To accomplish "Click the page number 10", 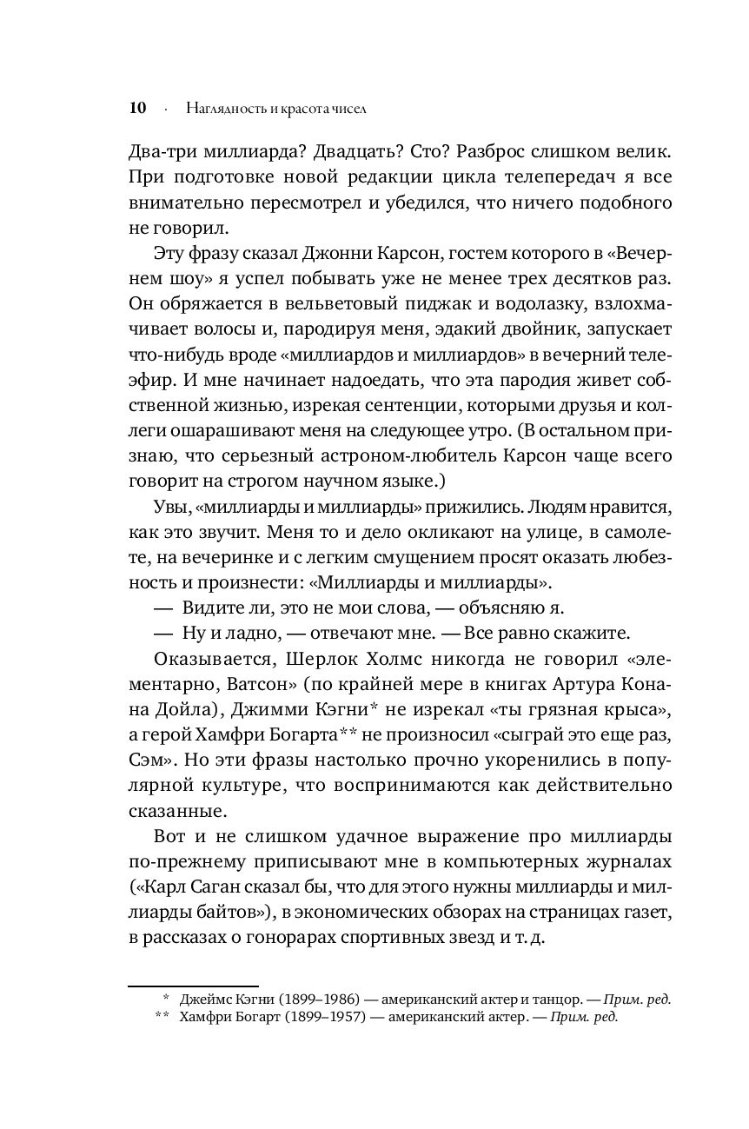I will click(x=136, y=109).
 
